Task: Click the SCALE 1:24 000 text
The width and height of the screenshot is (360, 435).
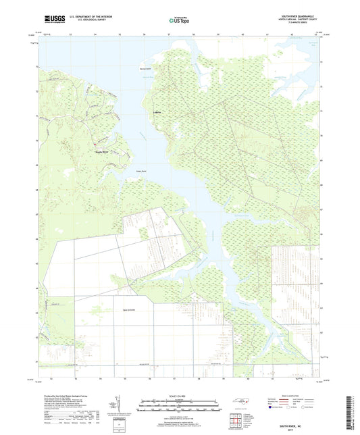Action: (x=180, y=396)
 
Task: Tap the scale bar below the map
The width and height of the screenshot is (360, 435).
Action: (x=180, y=405)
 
